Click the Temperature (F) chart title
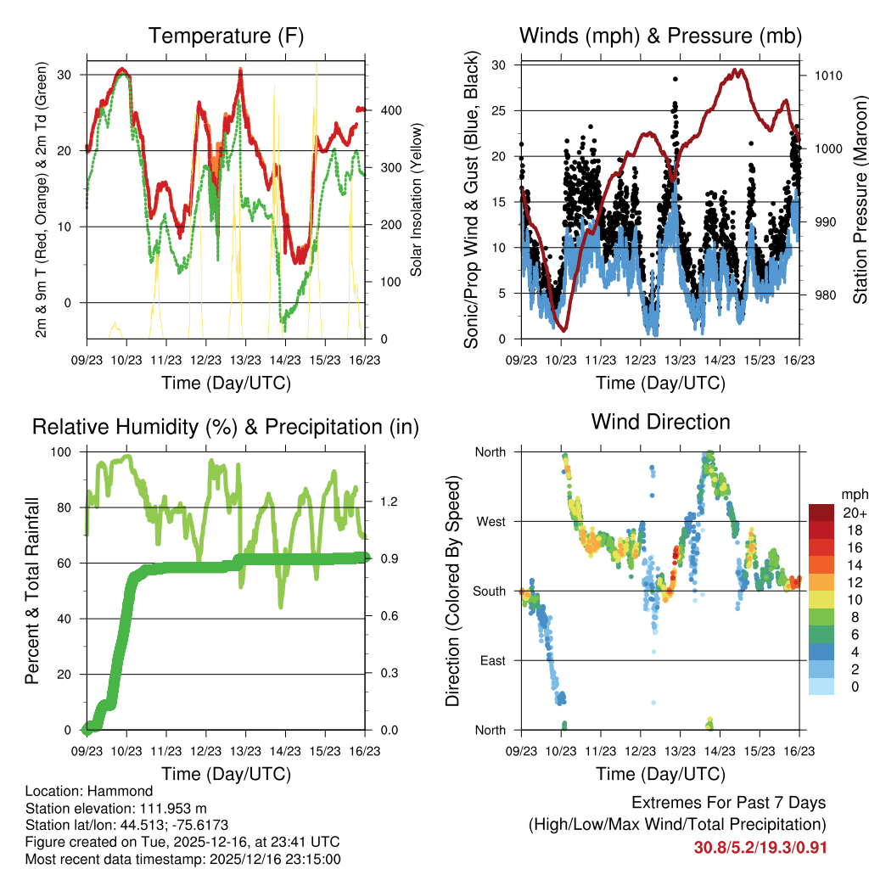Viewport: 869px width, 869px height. [x=226, y=36]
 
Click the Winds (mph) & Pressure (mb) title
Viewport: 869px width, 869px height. [x=660, y=36]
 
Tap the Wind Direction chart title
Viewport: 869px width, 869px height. [x=660, y=422]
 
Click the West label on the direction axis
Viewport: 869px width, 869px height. [x=490, y=522]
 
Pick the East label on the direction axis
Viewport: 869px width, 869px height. [x=491, y=660]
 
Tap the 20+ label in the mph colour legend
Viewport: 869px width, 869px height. [x=853, y=513]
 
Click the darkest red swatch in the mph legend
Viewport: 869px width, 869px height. [x=821, y=513]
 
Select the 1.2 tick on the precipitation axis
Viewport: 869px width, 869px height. [x=390, y=502]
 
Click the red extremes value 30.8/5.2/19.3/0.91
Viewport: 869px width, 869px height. [x=760, y=848]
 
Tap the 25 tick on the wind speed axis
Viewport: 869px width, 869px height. [x=499, y=111]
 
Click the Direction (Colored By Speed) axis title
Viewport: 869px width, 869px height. [x=453, y=591]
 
